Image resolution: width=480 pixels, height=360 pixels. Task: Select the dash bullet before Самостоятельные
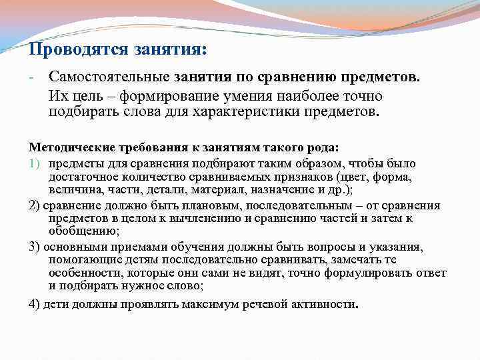(31, 77)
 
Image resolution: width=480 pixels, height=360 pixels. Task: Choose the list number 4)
(35, 305)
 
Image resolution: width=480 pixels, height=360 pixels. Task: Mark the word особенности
(83, 273)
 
